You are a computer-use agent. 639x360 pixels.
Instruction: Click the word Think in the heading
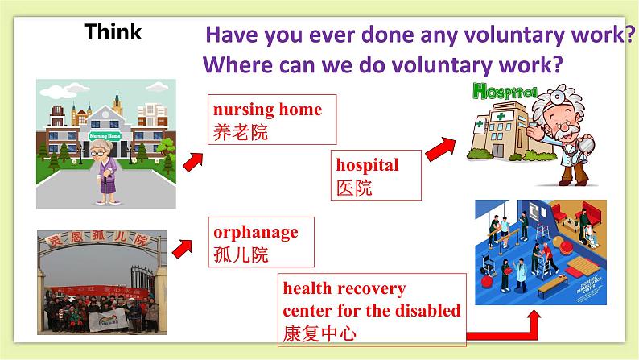(113, 32)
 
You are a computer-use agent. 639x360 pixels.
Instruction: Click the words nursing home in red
(266, 110)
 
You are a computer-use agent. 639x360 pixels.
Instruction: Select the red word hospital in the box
(367, 165)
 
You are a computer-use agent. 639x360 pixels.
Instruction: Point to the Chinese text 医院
(354, 188)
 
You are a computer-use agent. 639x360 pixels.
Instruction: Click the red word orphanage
(255, 232)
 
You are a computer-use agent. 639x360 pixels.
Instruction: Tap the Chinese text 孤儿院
(241, 255)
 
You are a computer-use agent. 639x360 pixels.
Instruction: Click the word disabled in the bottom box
(425, 310)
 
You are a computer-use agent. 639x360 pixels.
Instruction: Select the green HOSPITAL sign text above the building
(507, 89)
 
